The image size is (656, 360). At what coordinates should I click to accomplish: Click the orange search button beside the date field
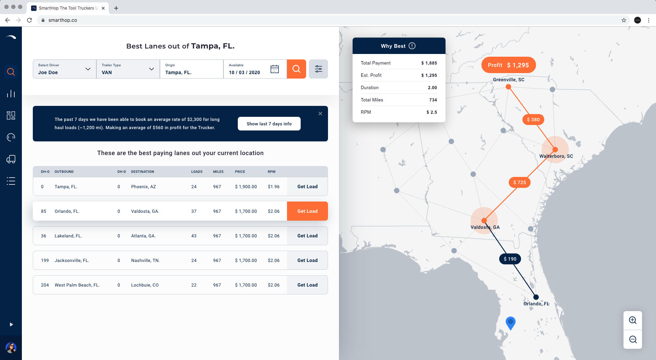click(x=296, y=69)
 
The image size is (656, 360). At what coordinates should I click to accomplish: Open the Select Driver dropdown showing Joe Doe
click(x=64, y=69)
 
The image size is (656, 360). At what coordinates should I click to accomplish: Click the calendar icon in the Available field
click(x=274, y=69)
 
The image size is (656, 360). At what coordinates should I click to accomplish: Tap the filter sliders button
click(x=318, y=69)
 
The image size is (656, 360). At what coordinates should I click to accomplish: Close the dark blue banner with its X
click(x=320, y=114)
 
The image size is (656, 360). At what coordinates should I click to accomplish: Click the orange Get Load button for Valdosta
click(x=307, y=211)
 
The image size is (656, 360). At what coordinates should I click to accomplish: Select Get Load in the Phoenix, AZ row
click(x=307, y=186)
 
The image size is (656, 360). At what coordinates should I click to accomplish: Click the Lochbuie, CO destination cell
click(x=145, y=285)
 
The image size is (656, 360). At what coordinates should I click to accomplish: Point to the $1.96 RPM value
click(x=274, y=186)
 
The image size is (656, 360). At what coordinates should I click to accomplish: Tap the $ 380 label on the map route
click(x=533, y=120)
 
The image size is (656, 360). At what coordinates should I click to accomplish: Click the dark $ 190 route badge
click(x=510, y=259)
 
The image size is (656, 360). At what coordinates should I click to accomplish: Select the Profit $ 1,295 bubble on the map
click(x=508, y=65)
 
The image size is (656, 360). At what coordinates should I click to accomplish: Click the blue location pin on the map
click(x=510, y=322)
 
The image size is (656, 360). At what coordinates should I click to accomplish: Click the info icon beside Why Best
click(x=412, y=46)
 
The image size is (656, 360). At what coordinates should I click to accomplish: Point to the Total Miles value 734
click(x=433, y=100)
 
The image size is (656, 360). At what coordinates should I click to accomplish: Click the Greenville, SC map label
click(x=508, y=80)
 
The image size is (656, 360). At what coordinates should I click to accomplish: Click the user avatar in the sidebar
click(x=11, y=348)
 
